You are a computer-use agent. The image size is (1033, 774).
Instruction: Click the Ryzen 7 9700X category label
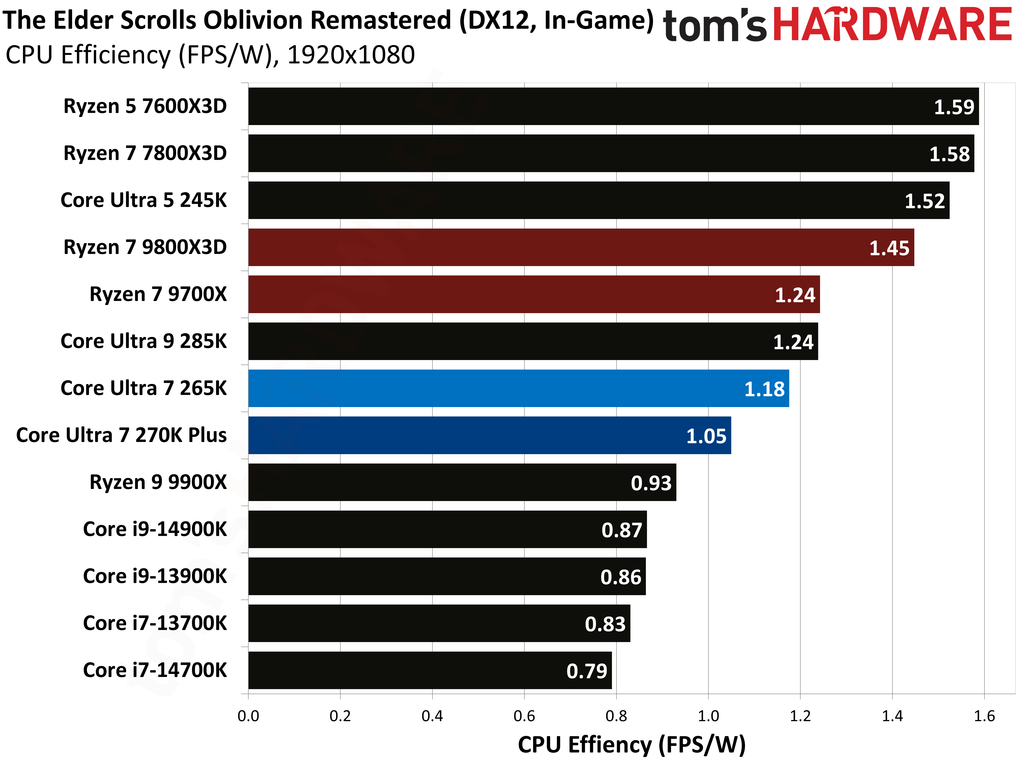pos(158,294)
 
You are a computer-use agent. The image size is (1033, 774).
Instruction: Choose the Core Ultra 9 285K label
pos(143,341)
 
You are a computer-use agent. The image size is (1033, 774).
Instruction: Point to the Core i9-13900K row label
pos(155,576)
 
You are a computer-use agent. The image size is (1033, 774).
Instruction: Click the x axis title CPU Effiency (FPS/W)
pos(631,745)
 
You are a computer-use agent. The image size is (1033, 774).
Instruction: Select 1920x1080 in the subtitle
pos(351,55)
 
